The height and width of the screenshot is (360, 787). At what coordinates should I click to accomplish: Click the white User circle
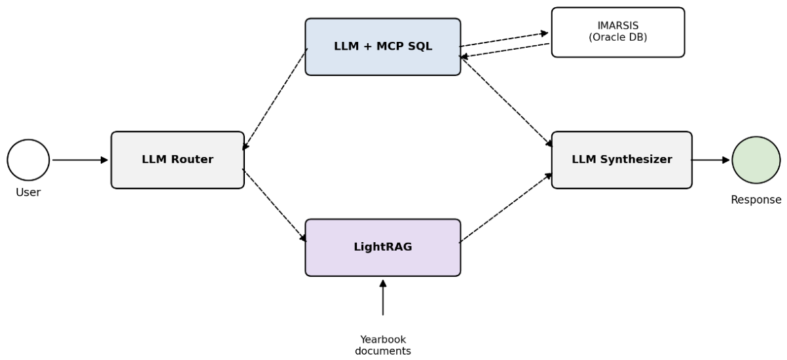(28, 160)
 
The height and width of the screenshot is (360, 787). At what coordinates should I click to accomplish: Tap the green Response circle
(756, 160)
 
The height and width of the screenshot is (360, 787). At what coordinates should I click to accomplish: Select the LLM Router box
(177, 160)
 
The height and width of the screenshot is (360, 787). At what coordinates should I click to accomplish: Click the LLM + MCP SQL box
(383, 46)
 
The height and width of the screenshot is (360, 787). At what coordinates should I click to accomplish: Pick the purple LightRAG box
(383, 247)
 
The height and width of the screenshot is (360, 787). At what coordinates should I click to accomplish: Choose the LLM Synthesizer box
(622, 160)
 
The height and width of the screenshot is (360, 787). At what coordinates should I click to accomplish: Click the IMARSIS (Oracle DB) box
(618, 32)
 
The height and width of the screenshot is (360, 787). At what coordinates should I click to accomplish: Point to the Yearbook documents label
(383, 345)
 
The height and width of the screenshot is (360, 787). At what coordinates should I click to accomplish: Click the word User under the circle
(28, 192)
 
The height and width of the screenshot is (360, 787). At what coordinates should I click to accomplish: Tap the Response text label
(756, 200)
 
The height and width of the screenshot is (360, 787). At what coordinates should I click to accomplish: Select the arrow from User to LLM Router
(80, 160)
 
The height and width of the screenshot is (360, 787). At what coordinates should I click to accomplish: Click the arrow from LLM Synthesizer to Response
(710, 160)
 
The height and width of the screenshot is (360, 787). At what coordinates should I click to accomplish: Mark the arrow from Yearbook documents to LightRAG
(383, 297)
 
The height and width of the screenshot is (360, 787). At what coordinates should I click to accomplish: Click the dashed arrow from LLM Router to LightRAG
(274, 206)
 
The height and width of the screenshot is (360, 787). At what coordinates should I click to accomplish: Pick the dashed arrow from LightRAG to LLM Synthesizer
(505, 207)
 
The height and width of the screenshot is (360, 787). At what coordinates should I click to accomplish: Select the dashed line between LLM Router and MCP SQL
(275, 99)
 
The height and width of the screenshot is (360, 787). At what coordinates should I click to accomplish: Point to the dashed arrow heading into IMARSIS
(503, 40)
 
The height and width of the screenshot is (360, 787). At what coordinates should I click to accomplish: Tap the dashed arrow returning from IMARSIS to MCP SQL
(505, 50)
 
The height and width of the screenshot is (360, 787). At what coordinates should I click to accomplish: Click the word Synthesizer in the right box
(636, 160)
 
